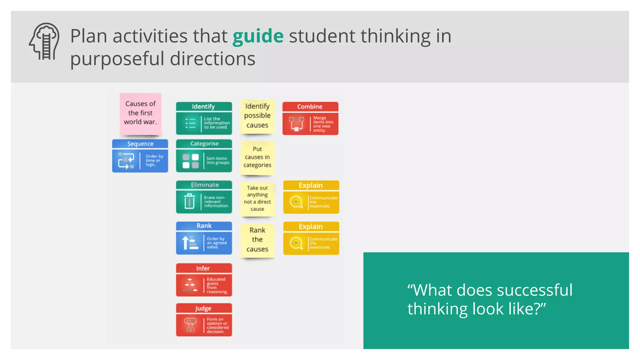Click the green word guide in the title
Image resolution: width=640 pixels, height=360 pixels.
(x=258, y=36)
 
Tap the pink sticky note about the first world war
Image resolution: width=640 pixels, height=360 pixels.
(x=140, y=113)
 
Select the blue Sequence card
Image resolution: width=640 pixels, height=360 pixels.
(x=140, y=156)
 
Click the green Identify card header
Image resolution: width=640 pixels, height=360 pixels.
(x=203, y=107)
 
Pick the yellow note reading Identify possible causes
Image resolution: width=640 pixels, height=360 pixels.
(x=257, y=116)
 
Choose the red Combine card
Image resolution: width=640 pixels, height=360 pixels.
(x=310, y=119)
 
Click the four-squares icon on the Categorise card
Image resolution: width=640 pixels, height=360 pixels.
(x=191, y=161)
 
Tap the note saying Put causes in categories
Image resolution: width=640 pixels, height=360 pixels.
(x=257, y=157)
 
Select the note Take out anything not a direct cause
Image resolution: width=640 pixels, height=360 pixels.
(x=257, y=198)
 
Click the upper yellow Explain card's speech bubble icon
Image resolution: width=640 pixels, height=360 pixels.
(x=296, y=202)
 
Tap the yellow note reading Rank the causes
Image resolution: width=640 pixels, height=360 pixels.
(x=257, y=240)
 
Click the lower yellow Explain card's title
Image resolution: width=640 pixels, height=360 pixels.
(x=311, y=227)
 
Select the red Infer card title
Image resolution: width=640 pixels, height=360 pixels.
(x=203, y=268)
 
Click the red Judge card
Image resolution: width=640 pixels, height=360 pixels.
(x=204, y=320)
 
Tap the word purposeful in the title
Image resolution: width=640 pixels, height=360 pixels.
(x=117, y=59)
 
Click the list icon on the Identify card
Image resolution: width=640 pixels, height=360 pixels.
(x=190, y=123)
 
